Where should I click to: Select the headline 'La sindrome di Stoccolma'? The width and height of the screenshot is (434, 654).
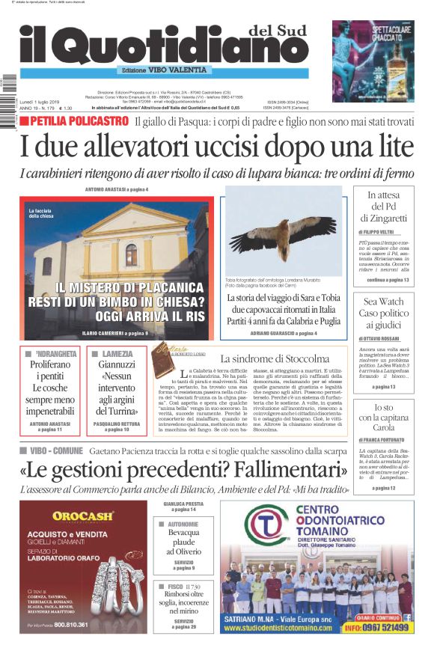275,358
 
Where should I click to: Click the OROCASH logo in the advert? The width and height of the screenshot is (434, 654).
83,516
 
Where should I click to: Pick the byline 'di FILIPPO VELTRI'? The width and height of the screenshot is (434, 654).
378,233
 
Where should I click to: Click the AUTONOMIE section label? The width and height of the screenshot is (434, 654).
183,525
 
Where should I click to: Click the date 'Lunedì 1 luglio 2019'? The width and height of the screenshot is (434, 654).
44,102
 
